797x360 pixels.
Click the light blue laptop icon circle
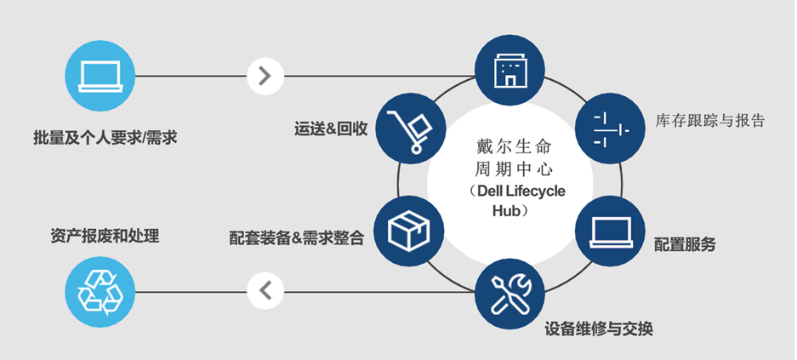point(99,77)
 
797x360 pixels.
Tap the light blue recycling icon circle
point(99,293)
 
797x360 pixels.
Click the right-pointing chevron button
point(265,76)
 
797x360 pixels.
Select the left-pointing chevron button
point(265,291)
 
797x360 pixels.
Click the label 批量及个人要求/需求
point(105,137)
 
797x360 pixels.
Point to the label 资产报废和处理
point(105,236)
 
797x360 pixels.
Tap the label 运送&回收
point(331,129)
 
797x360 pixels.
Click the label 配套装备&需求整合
point(297,238)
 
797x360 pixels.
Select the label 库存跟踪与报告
point(711,121)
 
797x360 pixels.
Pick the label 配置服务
point(685,245)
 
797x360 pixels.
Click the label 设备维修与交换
point(599,329)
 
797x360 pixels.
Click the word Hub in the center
point(505,209)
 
